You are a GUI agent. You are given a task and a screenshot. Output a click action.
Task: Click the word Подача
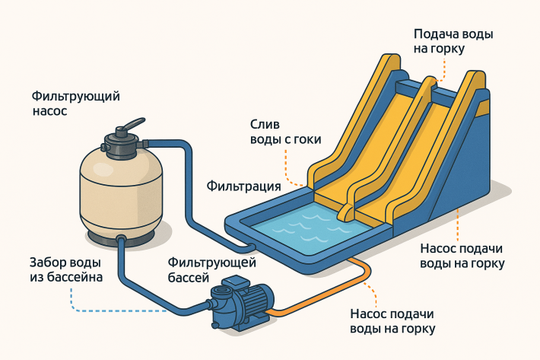(x=434, y=34)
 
